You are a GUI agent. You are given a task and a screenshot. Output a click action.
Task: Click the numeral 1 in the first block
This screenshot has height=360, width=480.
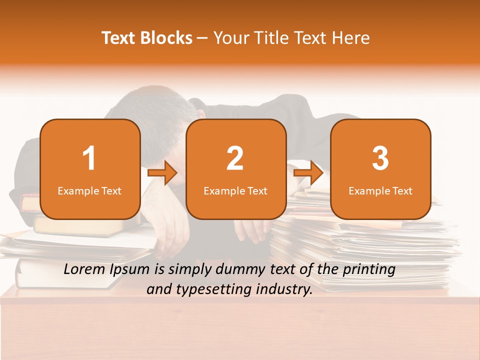[x=89, y=158]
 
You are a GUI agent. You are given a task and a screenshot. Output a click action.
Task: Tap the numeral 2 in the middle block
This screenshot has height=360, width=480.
[x=235, y=158]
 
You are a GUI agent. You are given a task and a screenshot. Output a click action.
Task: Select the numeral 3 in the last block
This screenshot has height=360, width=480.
[x=380, y=158]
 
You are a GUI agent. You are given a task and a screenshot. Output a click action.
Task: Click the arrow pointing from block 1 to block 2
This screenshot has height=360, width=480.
[x=162, y=173]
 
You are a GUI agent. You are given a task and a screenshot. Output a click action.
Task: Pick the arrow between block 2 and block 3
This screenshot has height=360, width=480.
[x=308, y=173]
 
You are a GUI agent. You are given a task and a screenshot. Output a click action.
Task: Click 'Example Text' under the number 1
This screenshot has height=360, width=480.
[x=89, y=191]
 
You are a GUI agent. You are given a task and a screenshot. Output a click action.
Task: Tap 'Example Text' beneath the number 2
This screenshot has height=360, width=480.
[x=235, y=191]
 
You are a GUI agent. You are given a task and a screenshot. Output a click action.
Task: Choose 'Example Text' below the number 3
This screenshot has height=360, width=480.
[x=380, y=191]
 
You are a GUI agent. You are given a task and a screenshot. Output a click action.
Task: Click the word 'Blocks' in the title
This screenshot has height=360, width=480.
[x=166, y=38]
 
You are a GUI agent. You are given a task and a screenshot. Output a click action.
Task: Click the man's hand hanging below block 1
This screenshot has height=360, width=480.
[x=170, y=230]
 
